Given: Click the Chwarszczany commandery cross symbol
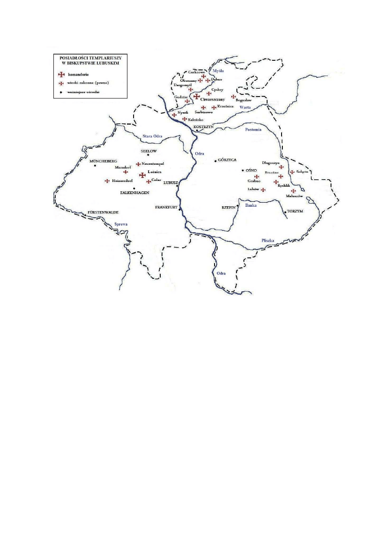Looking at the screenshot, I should [x=197, y=97].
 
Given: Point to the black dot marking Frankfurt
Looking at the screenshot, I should [x=180, y=209].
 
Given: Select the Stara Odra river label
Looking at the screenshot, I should [x=152, y=136].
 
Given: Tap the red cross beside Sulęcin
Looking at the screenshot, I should [x=292, y=172].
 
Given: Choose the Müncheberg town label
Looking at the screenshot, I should [x=104, y=161].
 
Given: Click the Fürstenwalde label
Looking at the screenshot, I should [x=103, y=212].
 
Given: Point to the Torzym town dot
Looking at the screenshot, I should [x=285, y=212].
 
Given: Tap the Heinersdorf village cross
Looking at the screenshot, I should [x=107, y=181].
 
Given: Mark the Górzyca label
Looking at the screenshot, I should [x=227, y=160].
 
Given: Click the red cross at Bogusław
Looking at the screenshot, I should [x=233, y=97].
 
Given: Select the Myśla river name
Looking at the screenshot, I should [x=218, y=70].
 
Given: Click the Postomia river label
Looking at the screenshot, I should [x=253, y=129].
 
